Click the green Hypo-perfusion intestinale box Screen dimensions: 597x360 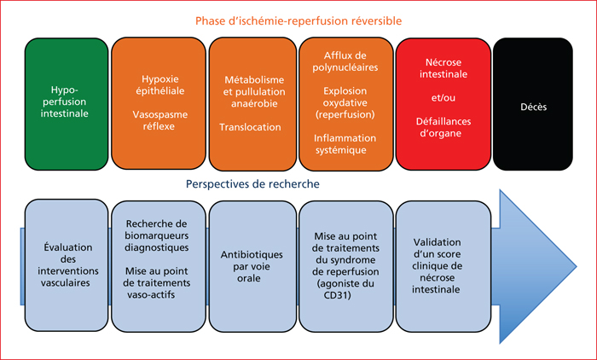coord(67,104)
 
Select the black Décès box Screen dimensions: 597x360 coord(533,104)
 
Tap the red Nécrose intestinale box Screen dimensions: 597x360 coord(443,104)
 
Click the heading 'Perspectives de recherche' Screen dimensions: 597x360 coord(252,184)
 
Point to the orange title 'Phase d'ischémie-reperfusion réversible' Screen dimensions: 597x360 coord(298,20)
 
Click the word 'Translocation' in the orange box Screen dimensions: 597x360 coord(250,127)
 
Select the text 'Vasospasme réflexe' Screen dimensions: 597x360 coord(160,120)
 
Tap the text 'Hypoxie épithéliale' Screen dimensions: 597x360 coord(160,85)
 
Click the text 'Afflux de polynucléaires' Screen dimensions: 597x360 coord(345,61)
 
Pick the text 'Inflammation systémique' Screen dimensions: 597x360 coord(345,144)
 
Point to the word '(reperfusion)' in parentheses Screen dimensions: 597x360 coord(345,114)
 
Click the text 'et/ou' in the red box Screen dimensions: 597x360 coord(443,98)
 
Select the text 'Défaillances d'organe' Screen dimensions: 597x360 coord(443,127)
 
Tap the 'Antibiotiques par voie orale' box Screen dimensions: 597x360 coord(252,266)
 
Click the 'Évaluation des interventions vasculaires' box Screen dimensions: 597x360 coord(67,265)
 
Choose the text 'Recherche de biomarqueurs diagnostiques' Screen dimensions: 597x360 coord(157,235)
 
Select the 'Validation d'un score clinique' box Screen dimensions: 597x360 coord(443,266)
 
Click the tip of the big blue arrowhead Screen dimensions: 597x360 coord(576,266)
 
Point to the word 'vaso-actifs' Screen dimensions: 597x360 coord(151,295)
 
